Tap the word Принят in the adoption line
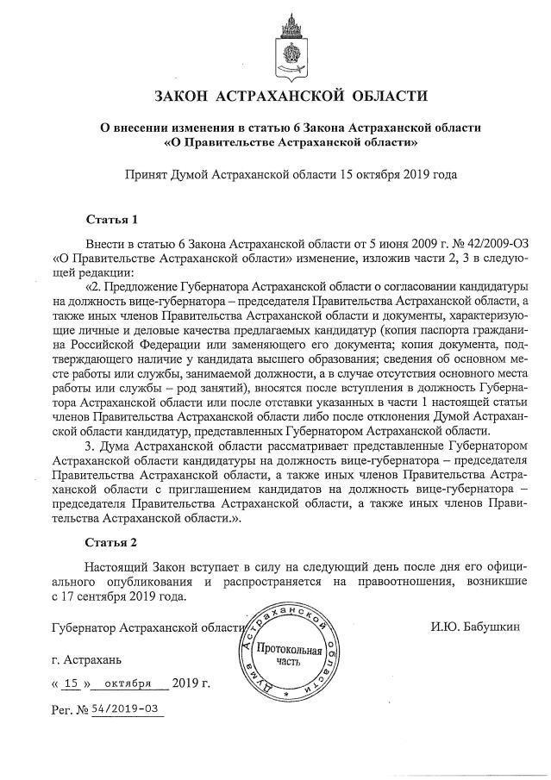coord(147,173)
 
